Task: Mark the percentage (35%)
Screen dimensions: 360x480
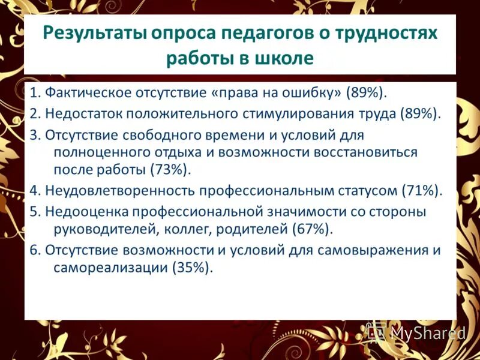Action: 193,268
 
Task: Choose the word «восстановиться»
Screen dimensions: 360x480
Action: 367,152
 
